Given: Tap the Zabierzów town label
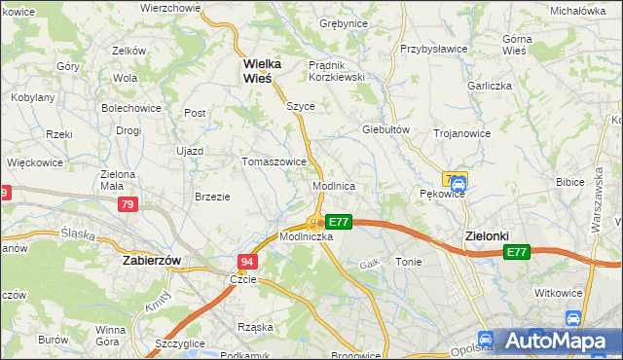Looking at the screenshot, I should tap(154, 261).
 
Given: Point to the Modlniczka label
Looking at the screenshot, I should tap(307, 236).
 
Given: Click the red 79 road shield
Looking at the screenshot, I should tap(128, 205).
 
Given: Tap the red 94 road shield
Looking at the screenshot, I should tap(247, 262).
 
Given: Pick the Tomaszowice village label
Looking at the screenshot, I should tap(275, 162).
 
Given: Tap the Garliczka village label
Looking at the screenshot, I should tap(488, 85).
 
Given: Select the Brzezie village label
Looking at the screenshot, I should tap(212, 197).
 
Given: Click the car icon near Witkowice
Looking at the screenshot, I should tap(573, 317).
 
